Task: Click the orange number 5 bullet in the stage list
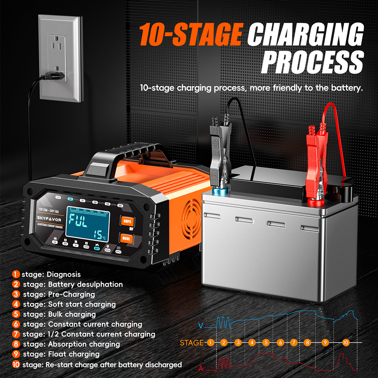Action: pos(16,314)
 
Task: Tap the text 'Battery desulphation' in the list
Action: pos(85,284)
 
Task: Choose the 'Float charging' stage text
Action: pos(74,354)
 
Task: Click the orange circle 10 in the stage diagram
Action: pos(345,342)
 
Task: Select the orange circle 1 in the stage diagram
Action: pos(211,343)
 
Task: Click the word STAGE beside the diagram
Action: pos(192,343)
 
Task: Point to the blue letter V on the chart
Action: pos(201,325)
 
